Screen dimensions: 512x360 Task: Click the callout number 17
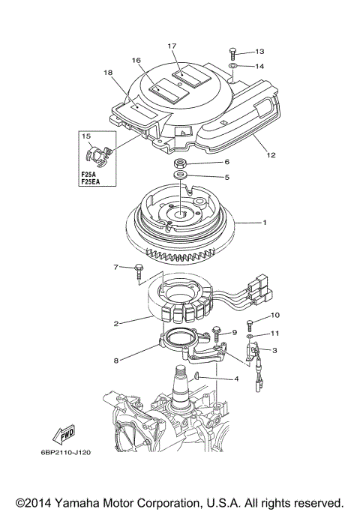tap(172, 46)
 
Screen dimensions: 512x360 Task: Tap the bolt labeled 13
tap(233, 52)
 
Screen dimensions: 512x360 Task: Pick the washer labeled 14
tap(233, 67)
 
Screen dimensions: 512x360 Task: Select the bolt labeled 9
tap(217, 331)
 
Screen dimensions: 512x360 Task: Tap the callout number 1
tap(263, 223)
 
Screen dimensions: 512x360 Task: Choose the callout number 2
tap(117, 324)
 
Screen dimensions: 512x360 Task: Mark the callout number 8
tap(116, 361)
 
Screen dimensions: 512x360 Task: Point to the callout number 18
tap(107, 73)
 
